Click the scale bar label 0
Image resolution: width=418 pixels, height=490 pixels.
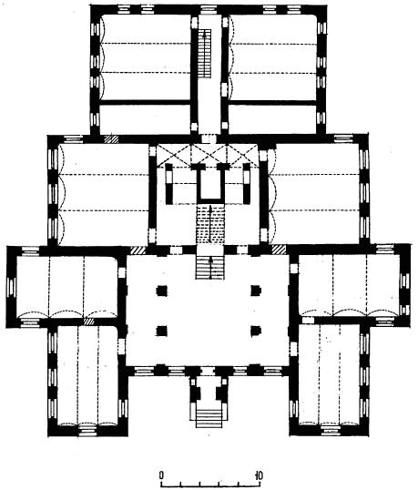(x=161, y=475)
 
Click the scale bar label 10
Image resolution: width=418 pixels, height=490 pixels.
(x=259, y=475)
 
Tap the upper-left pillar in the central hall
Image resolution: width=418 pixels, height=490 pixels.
(x=162, y=291)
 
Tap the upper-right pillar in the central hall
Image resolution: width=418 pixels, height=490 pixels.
(x=256, y=291)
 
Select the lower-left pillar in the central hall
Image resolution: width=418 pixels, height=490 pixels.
(x=162, y=331)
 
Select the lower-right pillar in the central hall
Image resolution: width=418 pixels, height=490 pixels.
(x=256, y=331)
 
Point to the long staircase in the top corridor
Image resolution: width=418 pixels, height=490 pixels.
(x=205, y=54)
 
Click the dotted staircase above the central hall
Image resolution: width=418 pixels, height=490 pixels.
(x=210, y=224)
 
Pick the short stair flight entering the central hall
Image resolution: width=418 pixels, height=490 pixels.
(x=210, y=267)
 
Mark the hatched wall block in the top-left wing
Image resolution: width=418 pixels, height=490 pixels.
(x=111, y=139)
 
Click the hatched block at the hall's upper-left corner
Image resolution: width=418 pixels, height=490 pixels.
(x=138, y=250)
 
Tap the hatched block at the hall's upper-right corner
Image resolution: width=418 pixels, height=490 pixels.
(x=279, y=250)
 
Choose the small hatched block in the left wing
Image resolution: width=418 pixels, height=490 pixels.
(x=89, y=322)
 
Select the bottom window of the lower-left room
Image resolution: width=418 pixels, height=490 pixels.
(x=87, y=430)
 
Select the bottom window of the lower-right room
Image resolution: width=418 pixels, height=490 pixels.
(x=331, y=430)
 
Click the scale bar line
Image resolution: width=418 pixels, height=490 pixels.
(x=210, y=486)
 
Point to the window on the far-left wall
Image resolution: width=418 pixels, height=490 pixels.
(x=12, y=288)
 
